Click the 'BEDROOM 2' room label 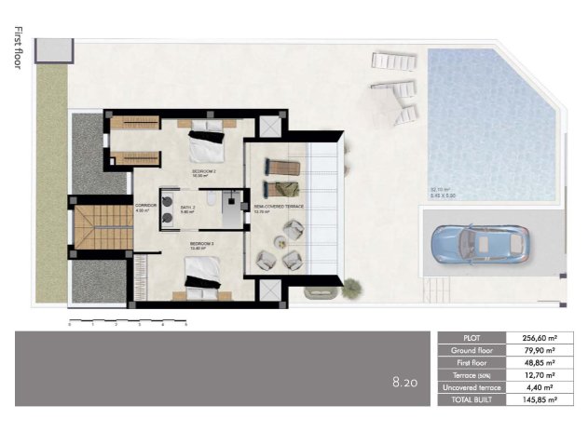204,173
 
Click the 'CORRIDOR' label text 144,206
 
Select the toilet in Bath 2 212,203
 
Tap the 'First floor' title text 18,49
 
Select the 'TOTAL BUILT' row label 470,398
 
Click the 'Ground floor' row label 470,350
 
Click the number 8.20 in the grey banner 404,381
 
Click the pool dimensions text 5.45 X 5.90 443,196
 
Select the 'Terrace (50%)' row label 470,374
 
